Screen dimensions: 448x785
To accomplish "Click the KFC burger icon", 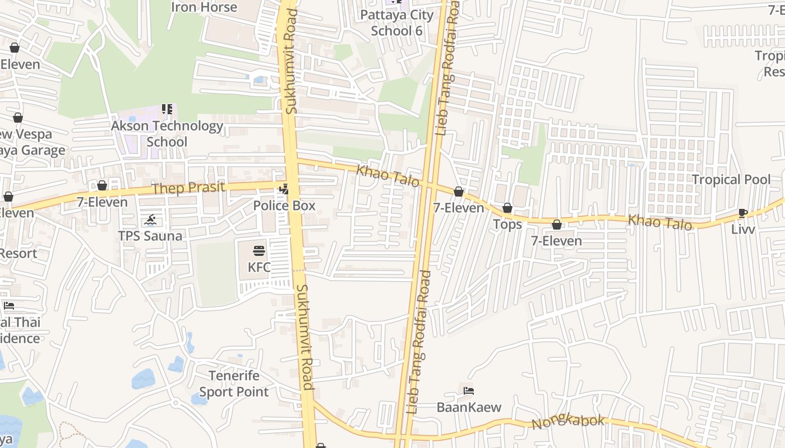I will coord(258,250).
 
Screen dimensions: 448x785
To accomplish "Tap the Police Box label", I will coord(284,206).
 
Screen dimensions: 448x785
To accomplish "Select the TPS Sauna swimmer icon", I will coord(150,220).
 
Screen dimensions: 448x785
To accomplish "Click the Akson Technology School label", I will coord(167,134).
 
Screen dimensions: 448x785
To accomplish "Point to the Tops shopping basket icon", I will coord(507,208).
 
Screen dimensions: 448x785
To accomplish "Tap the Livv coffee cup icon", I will coord(743,213).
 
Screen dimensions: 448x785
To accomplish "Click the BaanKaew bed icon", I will coord(469,391).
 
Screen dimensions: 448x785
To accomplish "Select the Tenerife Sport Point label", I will coord(234,384).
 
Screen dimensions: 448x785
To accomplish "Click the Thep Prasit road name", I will coord(188,188).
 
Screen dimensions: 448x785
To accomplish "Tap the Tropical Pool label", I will coord(731,180).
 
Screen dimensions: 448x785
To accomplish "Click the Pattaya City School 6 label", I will coord(397,22).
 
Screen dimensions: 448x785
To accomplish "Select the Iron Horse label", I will coord(204,7).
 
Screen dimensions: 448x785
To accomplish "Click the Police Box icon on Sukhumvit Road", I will coord(284,189).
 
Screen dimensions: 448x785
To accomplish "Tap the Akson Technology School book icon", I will coord(167,109).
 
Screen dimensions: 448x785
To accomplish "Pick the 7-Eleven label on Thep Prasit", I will coord(102,202).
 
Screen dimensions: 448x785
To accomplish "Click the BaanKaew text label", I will coord(469,407).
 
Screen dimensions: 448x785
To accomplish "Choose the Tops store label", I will coord(507,225).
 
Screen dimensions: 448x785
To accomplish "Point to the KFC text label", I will coord(259,267).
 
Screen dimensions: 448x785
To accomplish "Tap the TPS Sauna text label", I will coord(150,236).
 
